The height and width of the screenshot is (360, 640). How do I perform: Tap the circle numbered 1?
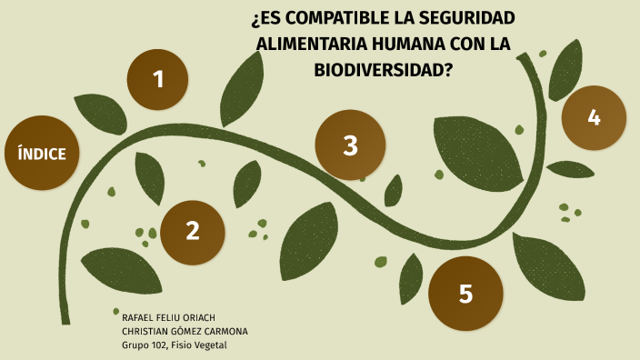(x=157, y=79)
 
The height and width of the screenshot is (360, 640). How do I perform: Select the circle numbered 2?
(x=192, y=232)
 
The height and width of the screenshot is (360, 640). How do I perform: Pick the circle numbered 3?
(x=350, y=145)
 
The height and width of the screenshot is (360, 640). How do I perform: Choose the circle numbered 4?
(x=594, y=117)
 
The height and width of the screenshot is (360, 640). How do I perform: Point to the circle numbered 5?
(x=465, y=294)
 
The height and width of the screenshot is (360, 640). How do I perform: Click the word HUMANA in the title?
(x=408, y=43)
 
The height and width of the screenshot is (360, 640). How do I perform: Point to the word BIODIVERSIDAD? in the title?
(x=383, y=67)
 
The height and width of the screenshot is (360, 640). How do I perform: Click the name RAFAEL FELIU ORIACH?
(x=168, y=317)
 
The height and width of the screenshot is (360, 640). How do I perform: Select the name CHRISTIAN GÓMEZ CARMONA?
(x=185, y=331)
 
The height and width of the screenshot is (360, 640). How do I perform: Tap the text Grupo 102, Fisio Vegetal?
(x=174, y=345)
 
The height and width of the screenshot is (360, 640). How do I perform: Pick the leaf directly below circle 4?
(x=571, y=169)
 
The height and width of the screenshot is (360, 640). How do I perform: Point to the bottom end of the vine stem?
(x=65, y=320)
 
